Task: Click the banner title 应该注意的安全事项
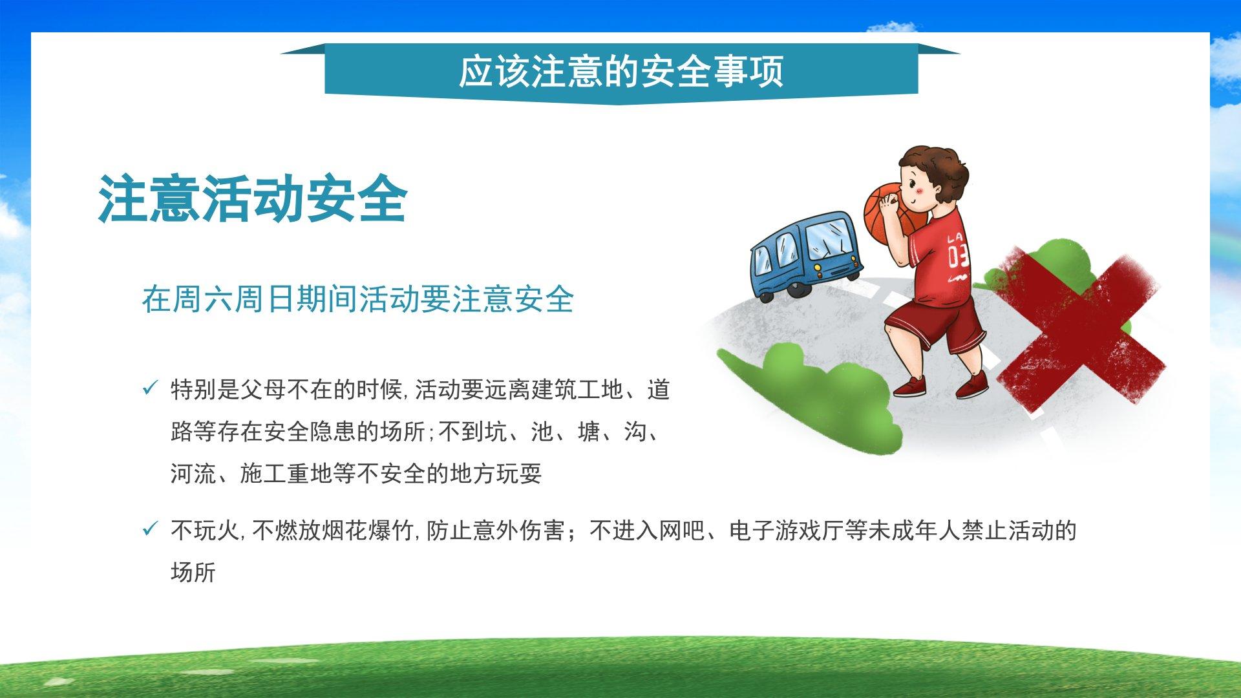[x=620, y=71]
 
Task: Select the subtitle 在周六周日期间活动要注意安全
[x=357, y=299]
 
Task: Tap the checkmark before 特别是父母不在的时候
[x=150, y=389]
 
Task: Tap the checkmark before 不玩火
[x=150, y=530]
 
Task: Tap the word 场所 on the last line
[x=193, y=572]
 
